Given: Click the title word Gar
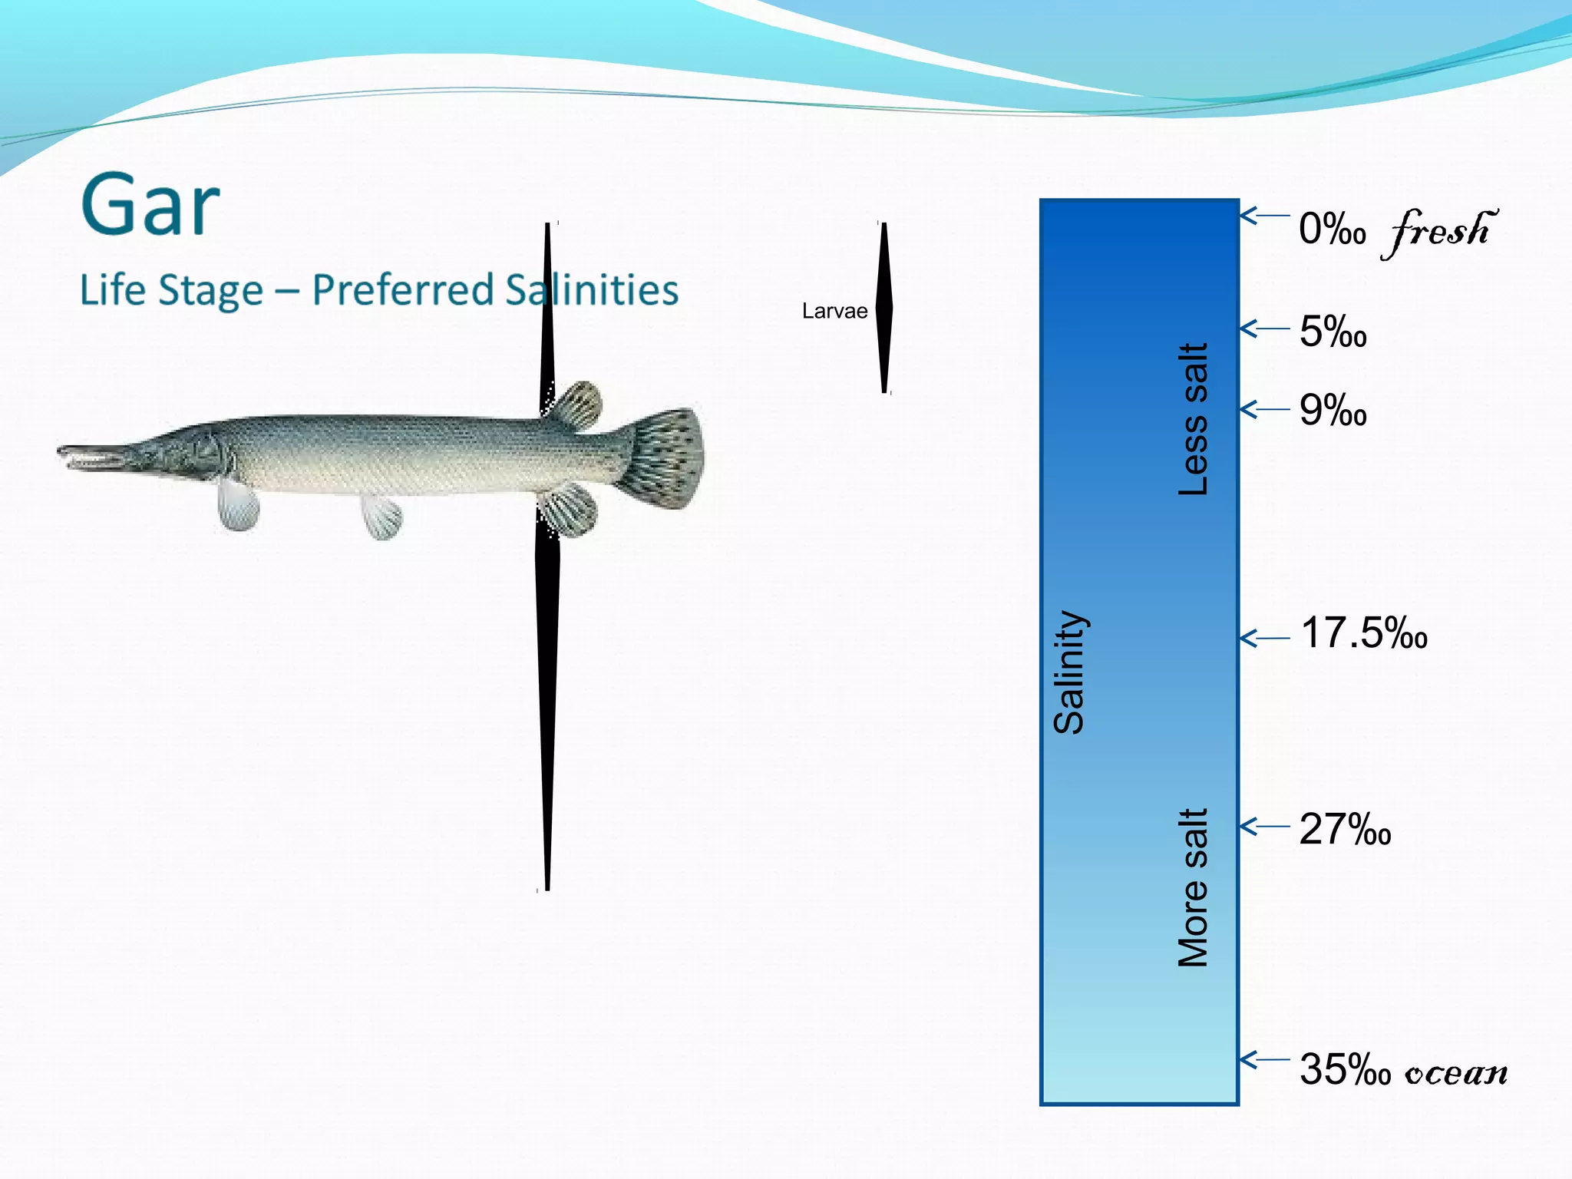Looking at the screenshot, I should pyautogui.click(x=150, y=206).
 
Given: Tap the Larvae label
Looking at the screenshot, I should pyautogui.click(x=834, y=311).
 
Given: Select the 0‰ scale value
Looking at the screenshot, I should pyautogui.click(x=1332, y=230).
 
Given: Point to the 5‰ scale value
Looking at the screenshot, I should pyautogui.click(x=1333, y=332).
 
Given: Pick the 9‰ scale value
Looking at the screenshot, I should pyautogui.click(x=1333, y=411).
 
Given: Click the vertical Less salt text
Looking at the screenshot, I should pyautogui.click(x=1194, y=419).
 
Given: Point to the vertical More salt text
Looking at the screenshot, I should pyautogui.click(x=1194, y=887).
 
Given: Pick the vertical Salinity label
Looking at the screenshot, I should pyautogui.click(x=1069, y=672).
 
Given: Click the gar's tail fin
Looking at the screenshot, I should pyautogui.click(x=666, y=458).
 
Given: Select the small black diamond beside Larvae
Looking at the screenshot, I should pyautogui.click(x=884, y=308).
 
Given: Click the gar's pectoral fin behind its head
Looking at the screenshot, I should pyautogui.click(x=237, y=505).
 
